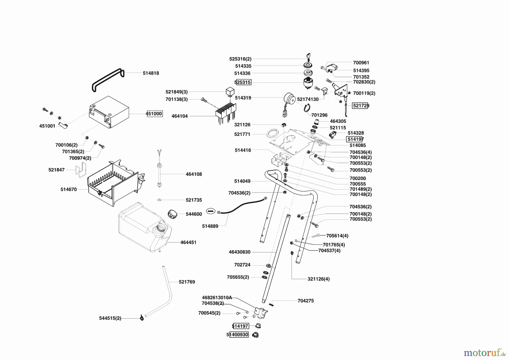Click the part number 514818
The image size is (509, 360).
pos(151,73)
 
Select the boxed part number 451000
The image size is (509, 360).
pos(154,114)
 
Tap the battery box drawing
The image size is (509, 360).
pos(109,112)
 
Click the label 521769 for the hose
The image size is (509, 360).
pos(187,282)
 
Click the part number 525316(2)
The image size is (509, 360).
pos(240,59)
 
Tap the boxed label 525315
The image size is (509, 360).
pos(243,82)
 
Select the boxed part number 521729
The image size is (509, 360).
pos(360,106)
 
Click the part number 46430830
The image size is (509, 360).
pos(240,252)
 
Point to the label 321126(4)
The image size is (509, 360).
pos(318,279)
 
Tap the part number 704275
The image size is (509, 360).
pos(305,301)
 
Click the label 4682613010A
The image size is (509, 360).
pos(217,297)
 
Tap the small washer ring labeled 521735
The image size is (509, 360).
pos(159,200)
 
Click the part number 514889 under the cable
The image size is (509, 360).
pos(210,226)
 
